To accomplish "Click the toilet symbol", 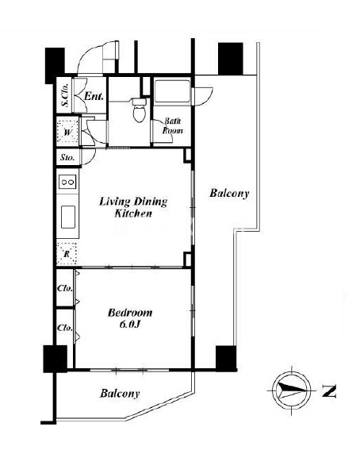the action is click(x=140, y=110).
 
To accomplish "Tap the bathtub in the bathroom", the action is click(x=172, y=91).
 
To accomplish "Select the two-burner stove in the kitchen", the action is click(x=68, y=182).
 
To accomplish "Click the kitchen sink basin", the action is click(x=68, y=217).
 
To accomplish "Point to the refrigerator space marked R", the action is click(x=67, y=254).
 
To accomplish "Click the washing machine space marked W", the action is click(x=67, y=133).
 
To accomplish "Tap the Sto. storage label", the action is click(x=67, y=157).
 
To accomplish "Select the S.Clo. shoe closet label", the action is click(x=66, y=94).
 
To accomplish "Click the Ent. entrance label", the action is click(x=94, y=96).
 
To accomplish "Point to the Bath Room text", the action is click(x=173, y=125).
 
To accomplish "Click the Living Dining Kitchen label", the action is click(x=133, y=207).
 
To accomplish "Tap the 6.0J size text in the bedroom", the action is click(x=129, y=325).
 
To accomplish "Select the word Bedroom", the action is click(x=130, y=313).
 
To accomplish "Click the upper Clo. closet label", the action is click(x=65, y=288).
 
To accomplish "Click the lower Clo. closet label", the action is click(x=65, y=328).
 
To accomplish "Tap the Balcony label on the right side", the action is click(x=229, y=193).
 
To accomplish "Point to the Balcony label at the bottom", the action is click(x=120, y=393).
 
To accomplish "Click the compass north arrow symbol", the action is click(x=291, y=390).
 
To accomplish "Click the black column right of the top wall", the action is click(x=231, y=59).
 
